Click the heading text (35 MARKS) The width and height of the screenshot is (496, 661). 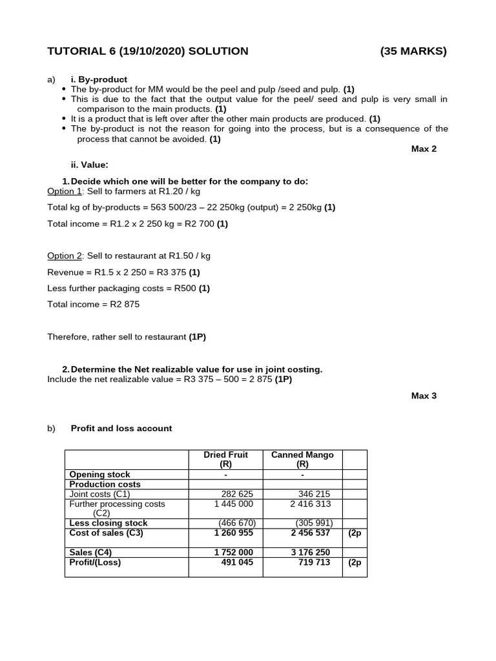pyautogui.click(x=413, y=51)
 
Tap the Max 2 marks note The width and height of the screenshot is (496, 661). pyautogui.click(x=424, y=148)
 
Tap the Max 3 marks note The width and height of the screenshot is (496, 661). pyautogui.click(x=424, y=396)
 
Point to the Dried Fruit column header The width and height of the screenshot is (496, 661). pyautogui.click(x=225, y=459)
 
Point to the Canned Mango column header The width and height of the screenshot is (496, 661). pyautogui.click(x=302, y=459)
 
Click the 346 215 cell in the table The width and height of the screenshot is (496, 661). pyautogui.click(x=314, y=494)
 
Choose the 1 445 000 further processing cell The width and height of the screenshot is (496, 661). pyautogui.click(x=233, y=503)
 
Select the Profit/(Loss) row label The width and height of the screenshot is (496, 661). pyautogui.click(x=95, y=562)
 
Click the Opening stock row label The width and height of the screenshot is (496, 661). pyautogui.click(x=99, y=474)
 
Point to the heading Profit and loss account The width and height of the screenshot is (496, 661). pyautogui.click(x=121, y=428)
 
